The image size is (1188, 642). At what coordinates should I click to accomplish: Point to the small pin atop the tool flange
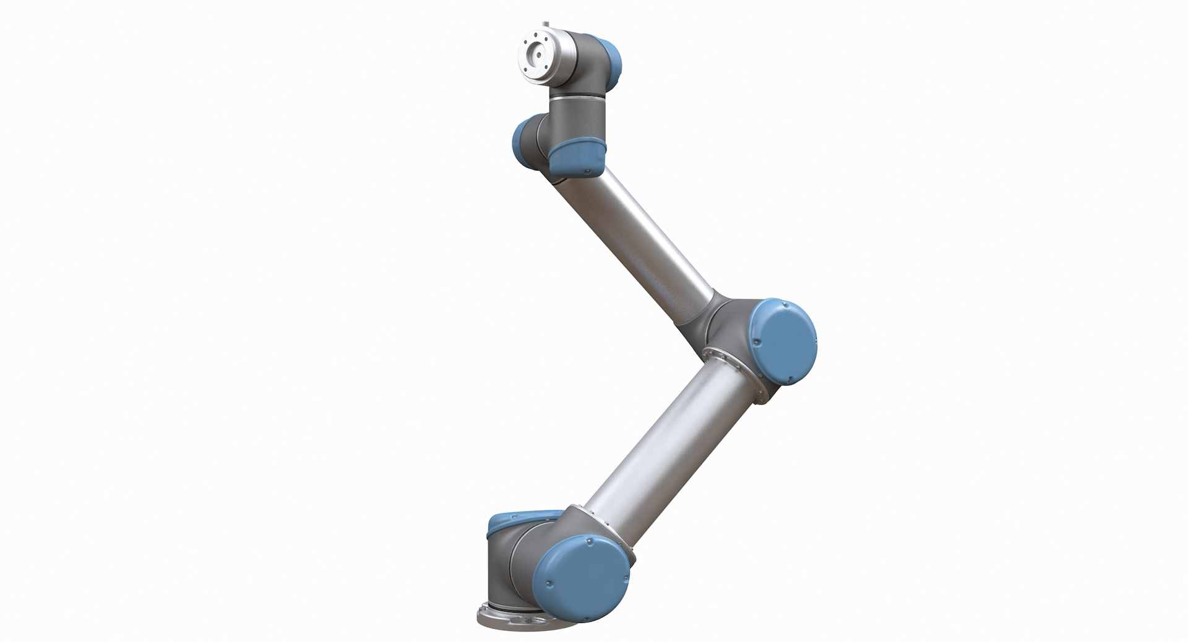546,25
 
